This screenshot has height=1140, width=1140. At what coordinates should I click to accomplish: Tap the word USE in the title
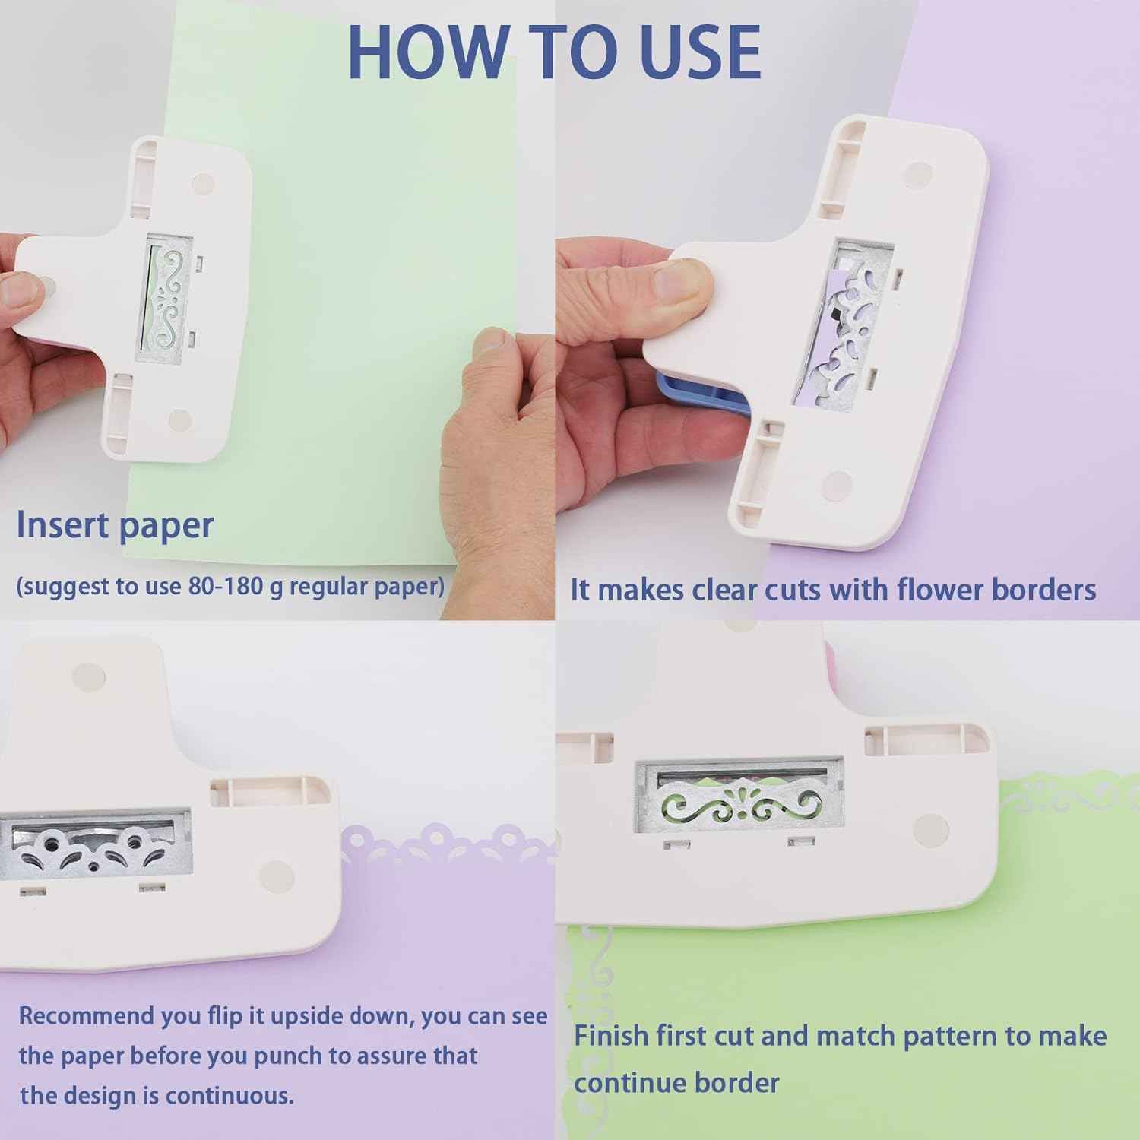pyautogui.click(x=699, y=52)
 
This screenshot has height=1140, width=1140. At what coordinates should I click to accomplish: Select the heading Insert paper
pyautogui.click(x=115, y=525)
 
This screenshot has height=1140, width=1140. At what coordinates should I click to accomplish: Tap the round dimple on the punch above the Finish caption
pyautogui.click(x=932, y=828)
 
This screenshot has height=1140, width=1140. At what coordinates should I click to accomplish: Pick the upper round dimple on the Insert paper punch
pyautogui.click(x=203, y=183)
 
